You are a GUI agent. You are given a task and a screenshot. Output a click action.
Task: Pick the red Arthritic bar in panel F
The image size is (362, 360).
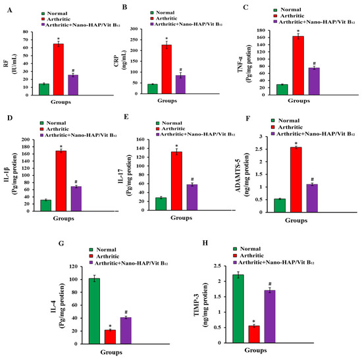point(296,180)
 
